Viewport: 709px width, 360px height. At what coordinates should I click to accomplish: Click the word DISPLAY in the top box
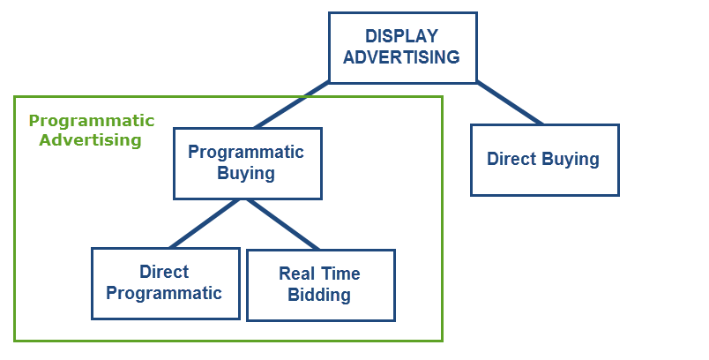401,35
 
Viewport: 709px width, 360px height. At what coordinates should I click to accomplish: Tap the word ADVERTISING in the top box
401,57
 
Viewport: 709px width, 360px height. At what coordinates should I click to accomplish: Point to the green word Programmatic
92,121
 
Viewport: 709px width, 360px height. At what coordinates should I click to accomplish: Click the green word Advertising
91,139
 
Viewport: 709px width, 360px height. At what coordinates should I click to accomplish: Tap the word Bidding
319,295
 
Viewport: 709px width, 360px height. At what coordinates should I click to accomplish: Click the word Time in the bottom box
340,274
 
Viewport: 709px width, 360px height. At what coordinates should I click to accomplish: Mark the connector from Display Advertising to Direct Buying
510,103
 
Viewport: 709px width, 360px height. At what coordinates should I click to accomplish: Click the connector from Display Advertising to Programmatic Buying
292,105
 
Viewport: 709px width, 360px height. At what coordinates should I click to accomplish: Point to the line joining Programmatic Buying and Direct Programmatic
205,223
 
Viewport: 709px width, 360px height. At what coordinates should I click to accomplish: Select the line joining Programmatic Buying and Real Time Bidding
283,224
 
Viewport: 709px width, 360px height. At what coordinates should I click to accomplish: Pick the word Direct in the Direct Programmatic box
164,272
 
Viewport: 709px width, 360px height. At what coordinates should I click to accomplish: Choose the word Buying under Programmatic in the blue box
246,173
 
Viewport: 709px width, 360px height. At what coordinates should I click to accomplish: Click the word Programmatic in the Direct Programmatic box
164,293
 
